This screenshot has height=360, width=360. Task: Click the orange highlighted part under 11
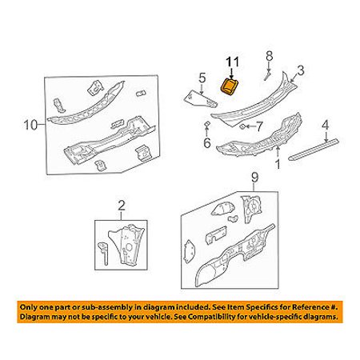pyautogui.click(x=229, y=87)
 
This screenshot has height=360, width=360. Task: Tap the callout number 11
pyautogui.click(x=232, y=62)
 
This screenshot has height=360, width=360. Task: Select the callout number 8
pyautogui.click(x=270, y=56)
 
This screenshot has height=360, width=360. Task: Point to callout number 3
pyautogui.click(x=300, y=70)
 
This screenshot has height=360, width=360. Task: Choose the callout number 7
pyautogui.click(x=259, y=126)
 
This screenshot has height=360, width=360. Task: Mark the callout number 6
pyautogui.click(x=207, y=142)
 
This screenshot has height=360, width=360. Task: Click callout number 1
pyautogui.click(x=278, y=164)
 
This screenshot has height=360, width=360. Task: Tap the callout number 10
pyautogui.click(x=31, y=125)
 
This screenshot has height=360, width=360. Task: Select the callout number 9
pyautogui.click(x=255, y=178)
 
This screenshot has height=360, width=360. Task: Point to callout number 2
pyautogui.click(x=121, y=206)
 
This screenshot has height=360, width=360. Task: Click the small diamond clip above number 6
pyautogui.click(x=207, y=124)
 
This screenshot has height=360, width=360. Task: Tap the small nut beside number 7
pyautogui.click(x=242, y=126)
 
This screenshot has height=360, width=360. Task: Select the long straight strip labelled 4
pyautogui.click(x=314, y=150)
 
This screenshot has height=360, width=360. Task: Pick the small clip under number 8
pyautogui.click(x=267, y=74)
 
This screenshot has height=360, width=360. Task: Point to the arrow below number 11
pyautogui.click(x=231, y=74)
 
